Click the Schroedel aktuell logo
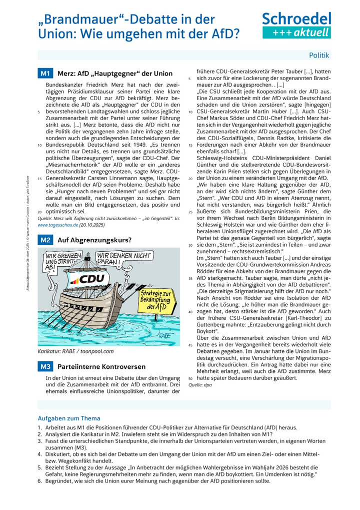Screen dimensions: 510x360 296,26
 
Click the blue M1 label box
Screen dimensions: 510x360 45,74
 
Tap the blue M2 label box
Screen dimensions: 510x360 45,240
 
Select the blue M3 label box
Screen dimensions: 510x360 45,366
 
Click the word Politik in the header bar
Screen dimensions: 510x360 319,55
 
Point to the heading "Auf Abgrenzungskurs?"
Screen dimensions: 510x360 94,240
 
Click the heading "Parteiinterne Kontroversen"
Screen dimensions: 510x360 101,366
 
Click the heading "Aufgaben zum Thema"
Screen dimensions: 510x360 69,418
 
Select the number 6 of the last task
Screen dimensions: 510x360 39,481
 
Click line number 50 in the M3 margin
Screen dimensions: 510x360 190,378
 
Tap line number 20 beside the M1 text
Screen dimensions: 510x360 39,212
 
